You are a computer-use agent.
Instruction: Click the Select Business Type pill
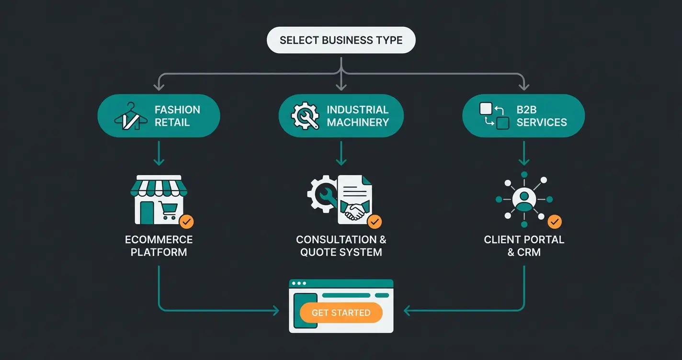click(x=341, y=40)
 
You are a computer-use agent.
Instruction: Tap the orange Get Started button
click(x=341, y=313)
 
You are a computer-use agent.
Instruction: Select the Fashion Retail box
click(x=159, y=116)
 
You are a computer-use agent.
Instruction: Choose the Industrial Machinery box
click(x=341, y=116)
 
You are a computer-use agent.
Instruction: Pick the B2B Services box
click(x=523, y=116)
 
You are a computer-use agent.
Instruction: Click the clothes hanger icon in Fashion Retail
click(x=127, y=116)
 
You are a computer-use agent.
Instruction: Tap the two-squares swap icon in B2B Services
click(x=494, y=116)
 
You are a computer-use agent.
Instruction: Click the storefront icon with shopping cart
click(x=159, y=200)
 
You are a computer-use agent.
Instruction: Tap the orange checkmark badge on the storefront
click(x=186, y=222)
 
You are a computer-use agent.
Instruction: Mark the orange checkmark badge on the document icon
click(x=374, y=222)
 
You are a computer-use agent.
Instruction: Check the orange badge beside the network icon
click(x=555, y=222)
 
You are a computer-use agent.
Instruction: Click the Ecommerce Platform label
click(x=159, y=246)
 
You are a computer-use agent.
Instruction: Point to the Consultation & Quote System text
click(x=341, y=246)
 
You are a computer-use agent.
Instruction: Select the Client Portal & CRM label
click(x=524, y=246)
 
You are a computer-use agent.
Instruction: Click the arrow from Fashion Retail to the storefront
click(x=159, y=155)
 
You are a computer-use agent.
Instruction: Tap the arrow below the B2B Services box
click(x=524, y=155)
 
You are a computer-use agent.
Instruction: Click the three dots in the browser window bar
click(x=299, y=283)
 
